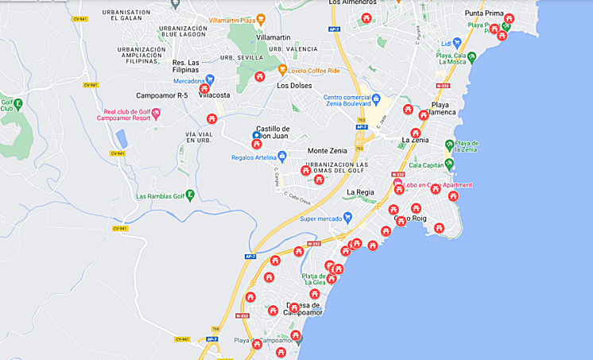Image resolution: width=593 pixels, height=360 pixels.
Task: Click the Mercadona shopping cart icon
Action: (210, 80)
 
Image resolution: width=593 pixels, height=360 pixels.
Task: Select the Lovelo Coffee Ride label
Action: (313, 71)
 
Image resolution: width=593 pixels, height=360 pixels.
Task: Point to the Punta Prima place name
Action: (484, 14)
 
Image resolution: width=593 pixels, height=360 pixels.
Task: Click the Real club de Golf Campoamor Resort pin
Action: (156, 114)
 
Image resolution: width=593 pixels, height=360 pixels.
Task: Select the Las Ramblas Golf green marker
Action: (190, 195)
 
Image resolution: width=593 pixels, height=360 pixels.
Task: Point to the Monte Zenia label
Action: (327, 151)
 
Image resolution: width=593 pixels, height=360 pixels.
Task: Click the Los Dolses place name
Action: (294, 86)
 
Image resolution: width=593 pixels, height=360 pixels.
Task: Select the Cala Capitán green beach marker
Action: (449, 165)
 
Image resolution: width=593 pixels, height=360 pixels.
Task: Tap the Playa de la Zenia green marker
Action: (449, 145)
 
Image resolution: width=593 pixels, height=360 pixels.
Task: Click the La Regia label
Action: (360, 192)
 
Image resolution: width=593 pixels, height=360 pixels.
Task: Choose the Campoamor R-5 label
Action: (162, 95)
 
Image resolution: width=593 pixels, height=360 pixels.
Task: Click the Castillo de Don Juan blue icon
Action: (256, 135)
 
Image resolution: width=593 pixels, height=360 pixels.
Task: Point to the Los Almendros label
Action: (352, 3)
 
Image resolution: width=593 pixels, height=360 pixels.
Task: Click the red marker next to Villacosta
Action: (204, 88)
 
